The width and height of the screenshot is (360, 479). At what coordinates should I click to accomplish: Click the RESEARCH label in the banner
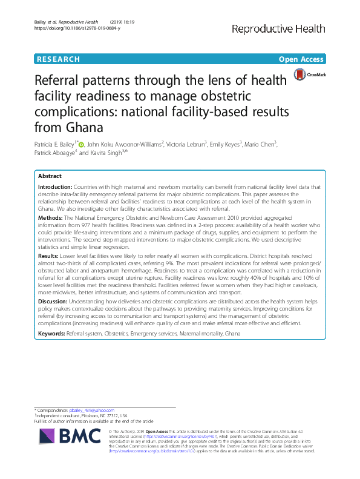point(58,59)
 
